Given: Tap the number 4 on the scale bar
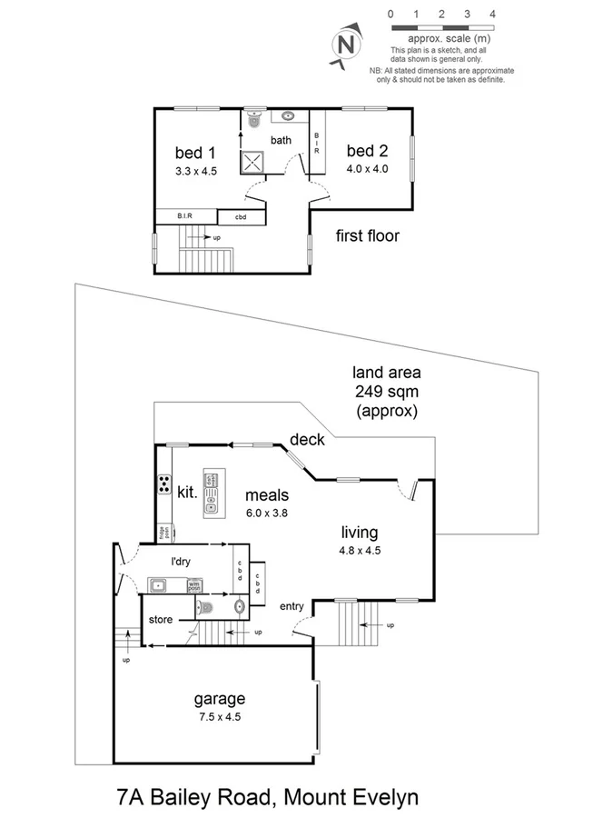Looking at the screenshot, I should pyautogui.click(x=492, y=15).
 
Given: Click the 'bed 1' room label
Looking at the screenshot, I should pyautogui.click(x=195, y=153).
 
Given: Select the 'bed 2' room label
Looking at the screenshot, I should pyautogui.click(x=367, y=151).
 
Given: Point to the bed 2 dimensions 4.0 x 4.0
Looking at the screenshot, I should pyautogui.click(x=367, y=168).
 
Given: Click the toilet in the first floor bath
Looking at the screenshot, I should pyautogui.click(x=253, y=119).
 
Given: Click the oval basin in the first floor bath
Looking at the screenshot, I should pyautogui.click(x=288, y=116).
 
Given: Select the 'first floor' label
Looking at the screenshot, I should pyautogui.click(x=367, y=236).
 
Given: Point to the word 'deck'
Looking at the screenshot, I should pyautogui.click(x=307, y=440).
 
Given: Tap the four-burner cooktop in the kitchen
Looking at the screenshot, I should pyautogui.click(x=166, y=484).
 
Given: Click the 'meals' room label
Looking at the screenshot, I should pyautogui.click(x=267, y=495).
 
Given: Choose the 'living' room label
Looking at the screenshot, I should pyautogui.click(x=360, y=533).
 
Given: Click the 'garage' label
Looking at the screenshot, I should pyautogui.click(x=219, y=699).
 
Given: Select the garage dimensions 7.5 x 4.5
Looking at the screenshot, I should pyautogui.click(x=219, y=716).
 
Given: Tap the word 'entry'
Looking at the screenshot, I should pyautogui.click(x=292, y=606).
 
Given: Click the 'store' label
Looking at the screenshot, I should pyautogui.click(x=162, y=620).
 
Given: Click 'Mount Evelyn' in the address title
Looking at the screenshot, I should pyautogui.click(x=352, y=799).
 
